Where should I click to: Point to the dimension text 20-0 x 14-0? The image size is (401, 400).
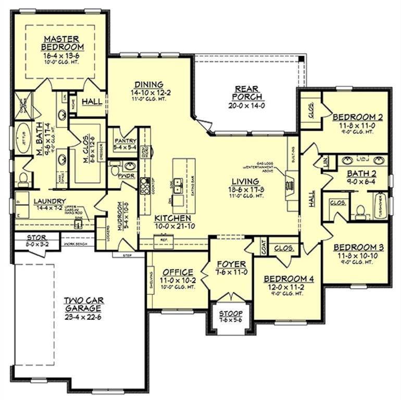click(247, 105)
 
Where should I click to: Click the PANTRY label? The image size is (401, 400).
click(125, 141)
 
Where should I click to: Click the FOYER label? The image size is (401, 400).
click(231, 265)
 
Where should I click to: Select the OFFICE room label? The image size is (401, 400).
click(178, 272)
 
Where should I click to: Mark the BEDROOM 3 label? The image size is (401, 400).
click(355, 247)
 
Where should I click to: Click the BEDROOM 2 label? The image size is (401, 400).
click(358, 117)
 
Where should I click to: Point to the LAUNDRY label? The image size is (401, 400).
click(49, 201)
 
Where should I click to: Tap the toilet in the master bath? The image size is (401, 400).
click(22, 179)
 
